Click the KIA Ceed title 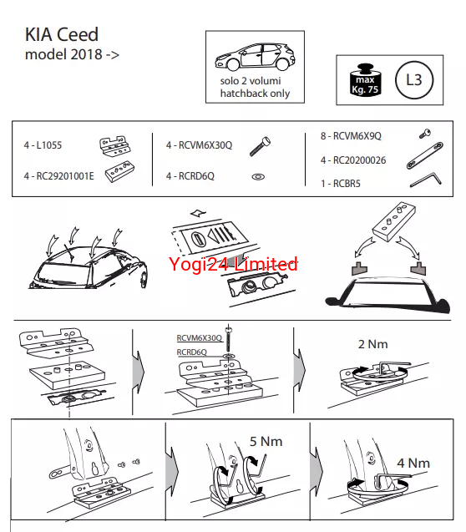click(x=62, y=34)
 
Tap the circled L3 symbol click(x=414, y=80)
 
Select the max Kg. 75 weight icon click(x=365, y=80)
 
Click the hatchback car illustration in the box click(x=255, y=57)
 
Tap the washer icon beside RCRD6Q click(x=258, y=177)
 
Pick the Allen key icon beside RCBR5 click(x=426, y=179)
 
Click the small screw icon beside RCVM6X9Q click(x=425, y=134)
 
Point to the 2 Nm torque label click(x=372, y=344)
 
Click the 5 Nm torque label click(x=266, y=442)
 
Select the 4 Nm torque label click(x=413, y=464)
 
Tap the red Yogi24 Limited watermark click(x=233, y=264)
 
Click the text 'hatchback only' click(x=255, y=93)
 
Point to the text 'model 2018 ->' click(x=72, y=54)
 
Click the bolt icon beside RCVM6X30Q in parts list click(x=260, y=146)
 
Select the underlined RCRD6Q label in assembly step click(x=191, y=352)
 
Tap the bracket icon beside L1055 click(x=115, y=147)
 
